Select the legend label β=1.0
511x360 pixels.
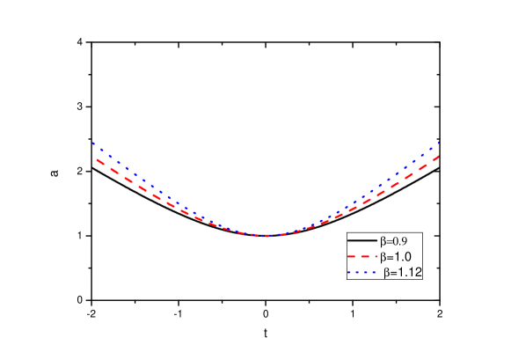coord(397,257)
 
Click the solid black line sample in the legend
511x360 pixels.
coord(361,239)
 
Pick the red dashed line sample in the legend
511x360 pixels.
coord(361,257)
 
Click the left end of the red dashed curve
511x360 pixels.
coord(96,159)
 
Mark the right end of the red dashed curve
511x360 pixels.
coord(438,157)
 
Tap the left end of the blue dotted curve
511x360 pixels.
coord(93,143)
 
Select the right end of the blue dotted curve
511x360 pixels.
coord(438,141)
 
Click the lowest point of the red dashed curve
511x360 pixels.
coord(265,235)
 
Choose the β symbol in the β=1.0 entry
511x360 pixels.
coord(383,258)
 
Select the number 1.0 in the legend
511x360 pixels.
coord(404,257)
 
